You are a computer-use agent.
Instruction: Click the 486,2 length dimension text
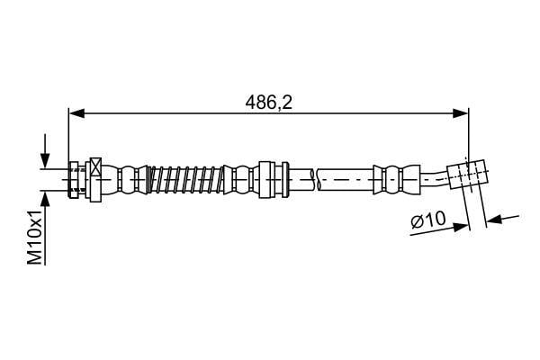269,103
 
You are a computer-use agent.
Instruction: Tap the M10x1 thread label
35,237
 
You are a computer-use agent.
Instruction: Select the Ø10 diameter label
428,220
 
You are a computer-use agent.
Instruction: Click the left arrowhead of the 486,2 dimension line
76,113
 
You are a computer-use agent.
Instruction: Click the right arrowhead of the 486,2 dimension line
461,113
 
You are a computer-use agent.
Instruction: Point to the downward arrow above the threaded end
45,151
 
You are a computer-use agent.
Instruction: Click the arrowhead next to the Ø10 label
461,227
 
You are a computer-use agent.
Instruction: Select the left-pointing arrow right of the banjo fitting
502,218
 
